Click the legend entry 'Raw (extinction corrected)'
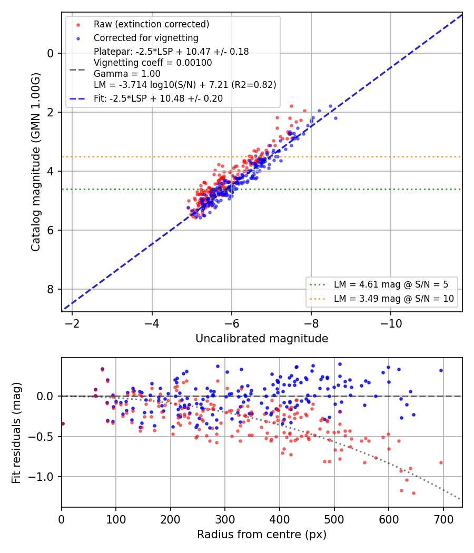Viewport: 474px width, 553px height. [151, 24]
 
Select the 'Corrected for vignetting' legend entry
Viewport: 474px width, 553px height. [146, 38]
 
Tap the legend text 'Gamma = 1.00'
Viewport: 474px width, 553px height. [127, 74]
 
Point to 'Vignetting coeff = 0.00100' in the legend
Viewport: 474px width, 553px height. [153, 63]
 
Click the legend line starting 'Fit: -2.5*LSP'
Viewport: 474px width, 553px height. [159, 98]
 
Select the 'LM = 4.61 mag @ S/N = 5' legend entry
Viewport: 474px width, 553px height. [391, 284]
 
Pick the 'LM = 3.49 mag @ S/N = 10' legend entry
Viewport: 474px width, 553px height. [393, 299]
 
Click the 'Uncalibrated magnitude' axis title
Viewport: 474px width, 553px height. [262, 339]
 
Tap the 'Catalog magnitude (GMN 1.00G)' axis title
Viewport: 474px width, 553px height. [36, 162]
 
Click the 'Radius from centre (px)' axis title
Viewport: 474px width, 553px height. [262, 535]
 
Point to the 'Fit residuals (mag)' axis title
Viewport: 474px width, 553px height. [16, 433]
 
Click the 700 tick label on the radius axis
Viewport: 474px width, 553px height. [443, 519]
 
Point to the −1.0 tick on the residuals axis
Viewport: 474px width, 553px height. [41, 477]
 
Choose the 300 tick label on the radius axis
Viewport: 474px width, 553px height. [225, 519]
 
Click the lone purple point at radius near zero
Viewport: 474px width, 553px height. [63, 423]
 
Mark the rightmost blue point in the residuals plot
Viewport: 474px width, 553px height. [441, 371]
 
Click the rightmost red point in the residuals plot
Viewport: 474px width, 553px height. [441, 462]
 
